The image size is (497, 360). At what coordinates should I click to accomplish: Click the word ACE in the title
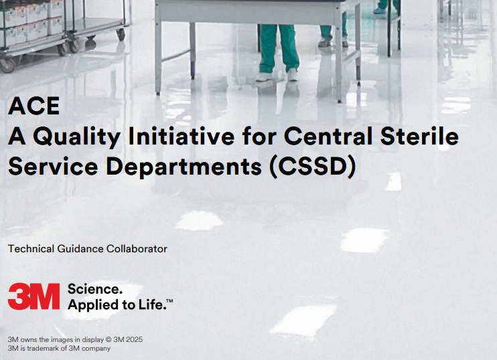34,106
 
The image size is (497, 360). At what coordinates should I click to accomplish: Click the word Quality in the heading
77,137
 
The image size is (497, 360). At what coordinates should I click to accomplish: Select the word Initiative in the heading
182,136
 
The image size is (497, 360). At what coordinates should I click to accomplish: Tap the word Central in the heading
328,136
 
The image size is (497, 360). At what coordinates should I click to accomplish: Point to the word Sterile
420,136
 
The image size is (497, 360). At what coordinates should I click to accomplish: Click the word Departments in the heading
184,167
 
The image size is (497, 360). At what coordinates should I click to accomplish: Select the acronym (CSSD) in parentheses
313,167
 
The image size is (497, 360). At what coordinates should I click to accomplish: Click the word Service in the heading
53,166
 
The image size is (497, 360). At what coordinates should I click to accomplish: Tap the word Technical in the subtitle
31,249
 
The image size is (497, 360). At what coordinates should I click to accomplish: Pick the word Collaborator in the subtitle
137,249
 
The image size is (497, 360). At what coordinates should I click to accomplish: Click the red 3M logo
33,296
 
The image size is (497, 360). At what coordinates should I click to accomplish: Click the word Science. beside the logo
94,289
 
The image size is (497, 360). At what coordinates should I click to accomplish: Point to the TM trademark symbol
169,300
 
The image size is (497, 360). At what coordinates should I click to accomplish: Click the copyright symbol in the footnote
109,340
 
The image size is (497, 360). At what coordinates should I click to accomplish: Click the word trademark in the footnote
44,348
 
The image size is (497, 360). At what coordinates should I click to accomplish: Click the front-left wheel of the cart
7,65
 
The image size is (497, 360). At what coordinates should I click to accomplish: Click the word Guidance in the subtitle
80,249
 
